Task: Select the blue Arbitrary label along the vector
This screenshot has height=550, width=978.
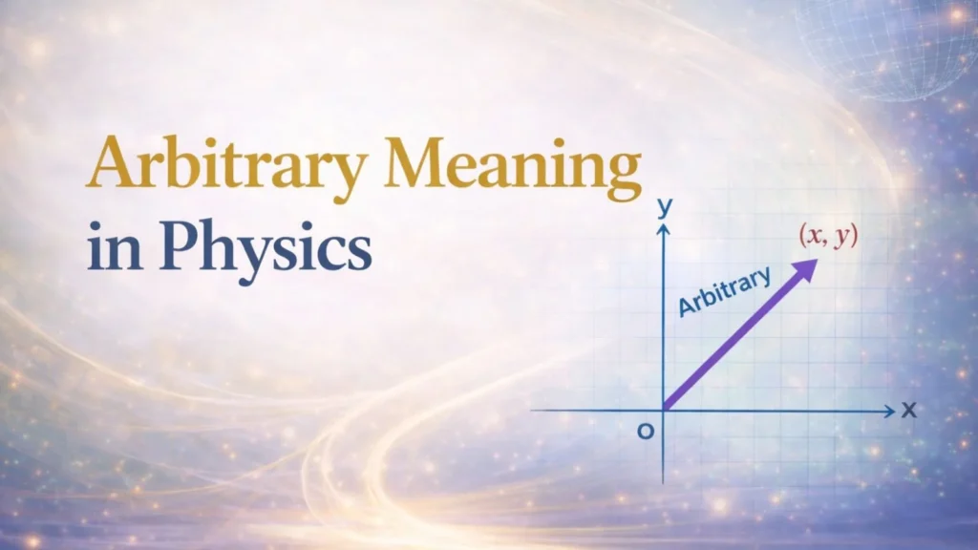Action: click(x=723, y=290)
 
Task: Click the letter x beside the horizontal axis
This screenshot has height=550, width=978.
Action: click(x=908, y=411)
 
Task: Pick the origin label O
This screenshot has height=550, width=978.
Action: click(x=646, y=432)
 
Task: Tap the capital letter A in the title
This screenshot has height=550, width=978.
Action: click(x=110, y=164)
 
